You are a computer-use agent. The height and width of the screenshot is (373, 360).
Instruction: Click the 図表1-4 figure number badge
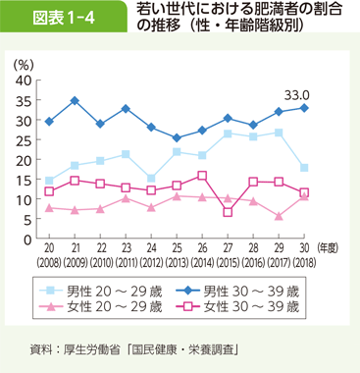(56, 23)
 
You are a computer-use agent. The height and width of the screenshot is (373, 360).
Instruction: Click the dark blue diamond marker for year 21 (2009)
(75, 100)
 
